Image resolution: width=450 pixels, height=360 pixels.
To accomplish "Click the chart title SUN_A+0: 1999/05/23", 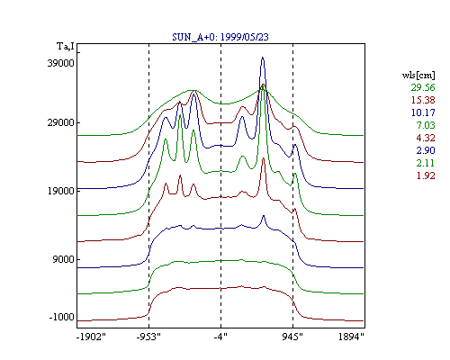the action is click(x=220, y=37).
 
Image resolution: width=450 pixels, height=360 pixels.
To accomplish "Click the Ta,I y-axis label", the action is click(x=66, y=46).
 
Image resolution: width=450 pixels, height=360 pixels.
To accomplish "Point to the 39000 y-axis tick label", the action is click(x=60, y=63).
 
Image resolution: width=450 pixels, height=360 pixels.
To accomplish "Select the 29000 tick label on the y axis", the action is click(x=60, y=122).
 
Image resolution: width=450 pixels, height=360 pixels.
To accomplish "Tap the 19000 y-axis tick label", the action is click(x=60, y=191).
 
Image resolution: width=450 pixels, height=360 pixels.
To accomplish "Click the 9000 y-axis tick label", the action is click(x=63, y=259).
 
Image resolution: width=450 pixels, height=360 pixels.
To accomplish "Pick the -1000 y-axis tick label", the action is click(x=62, y=317).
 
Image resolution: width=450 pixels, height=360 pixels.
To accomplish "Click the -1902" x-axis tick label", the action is click(x=91, y=337).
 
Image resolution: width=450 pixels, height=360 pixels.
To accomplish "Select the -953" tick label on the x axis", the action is click(x=148, y=337).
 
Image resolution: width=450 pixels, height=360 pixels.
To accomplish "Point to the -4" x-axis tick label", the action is click(x=220, y=337).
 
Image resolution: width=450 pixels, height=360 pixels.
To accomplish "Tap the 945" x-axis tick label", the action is click(x=292, y=337).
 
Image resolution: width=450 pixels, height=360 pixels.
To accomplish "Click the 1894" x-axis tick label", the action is click(x=351, y=337).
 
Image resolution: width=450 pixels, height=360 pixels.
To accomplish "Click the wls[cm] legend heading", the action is click(x=418, y=76).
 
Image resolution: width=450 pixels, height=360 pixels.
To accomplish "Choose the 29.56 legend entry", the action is click(x=423, y=87).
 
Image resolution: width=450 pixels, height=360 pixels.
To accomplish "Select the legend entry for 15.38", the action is click(x=423, y=100).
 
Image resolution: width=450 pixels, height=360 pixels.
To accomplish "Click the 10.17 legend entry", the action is click(x=423, y=112).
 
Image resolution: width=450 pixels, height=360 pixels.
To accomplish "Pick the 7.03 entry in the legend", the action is click(x=426, y=125).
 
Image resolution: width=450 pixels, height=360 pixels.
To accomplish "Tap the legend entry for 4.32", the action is click(x=426, y=138).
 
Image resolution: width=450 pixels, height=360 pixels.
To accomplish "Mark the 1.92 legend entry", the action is click(x=426, y=175).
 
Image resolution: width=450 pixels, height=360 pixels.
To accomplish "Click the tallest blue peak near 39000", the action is click(x=263, y=58).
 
